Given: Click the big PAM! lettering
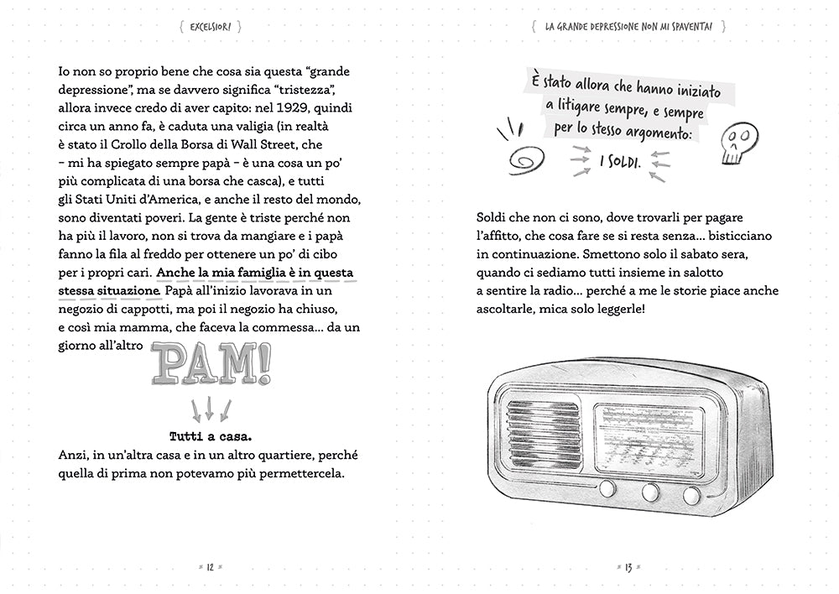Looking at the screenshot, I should point(212,363).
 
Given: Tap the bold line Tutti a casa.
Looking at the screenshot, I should point(211,436).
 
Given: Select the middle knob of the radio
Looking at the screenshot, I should point(649,493).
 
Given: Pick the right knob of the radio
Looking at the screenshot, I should point(691,495).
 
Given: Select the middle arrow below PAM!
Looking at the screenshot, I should point(210,409).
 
